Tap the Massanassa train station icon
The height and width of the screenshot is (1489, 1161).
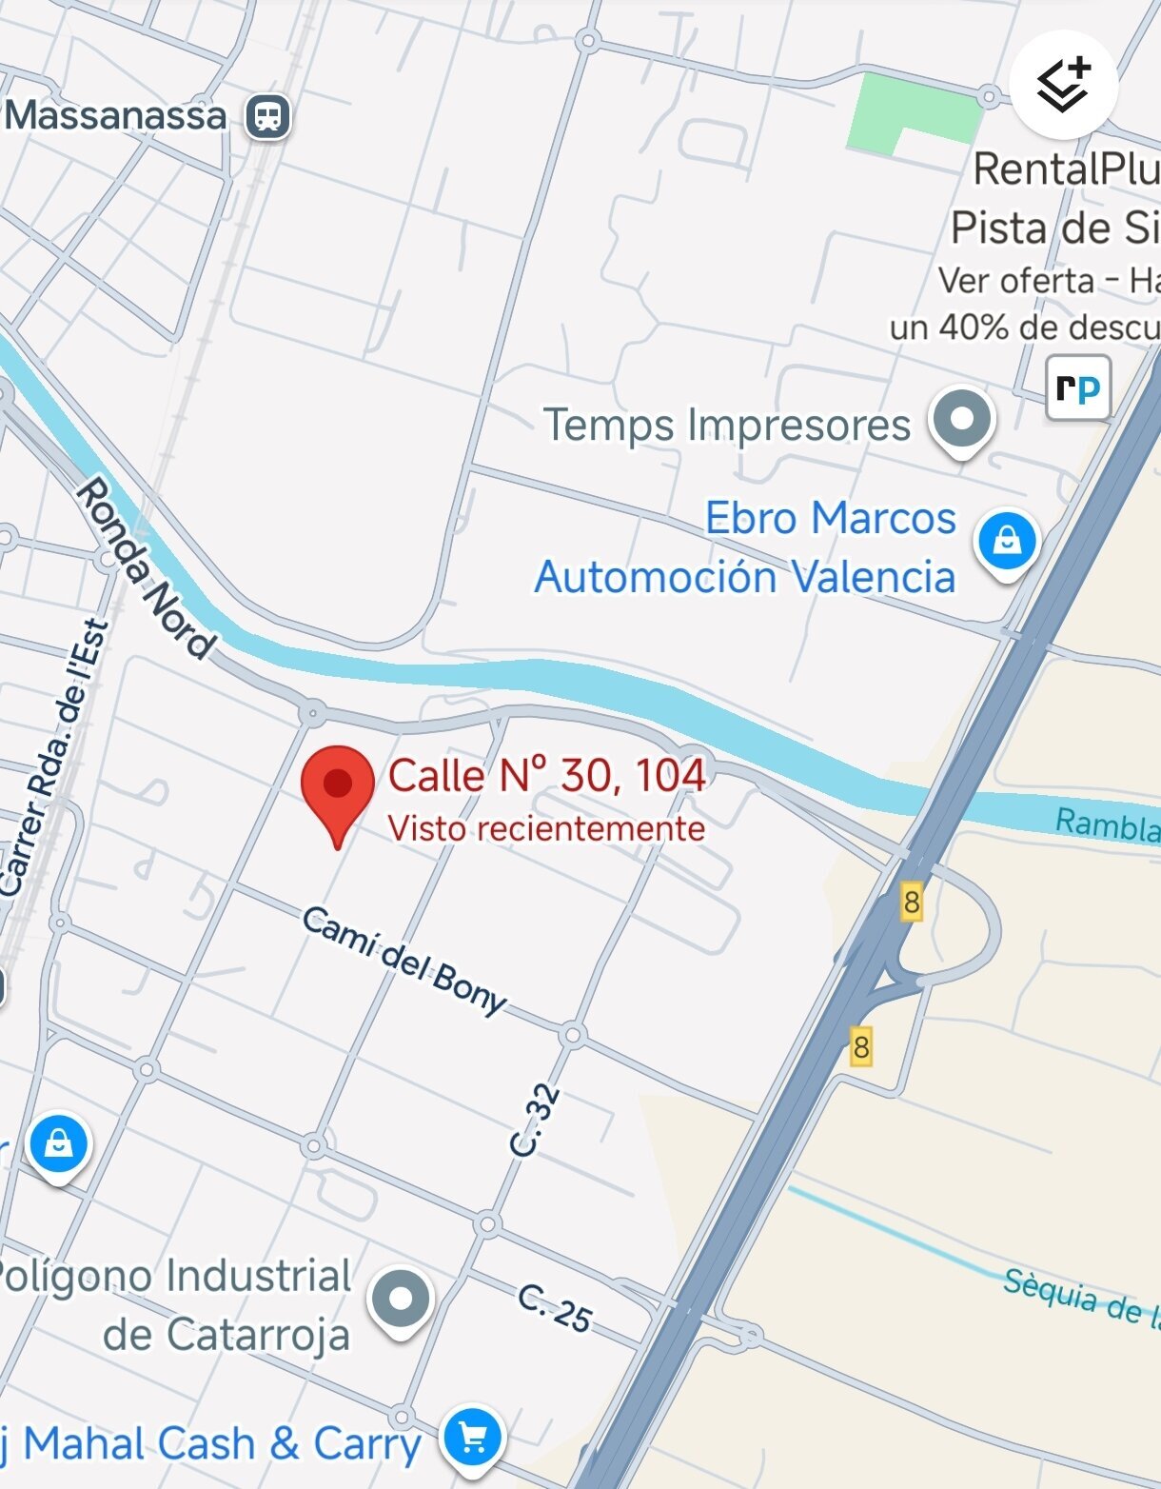(x=268, y=117)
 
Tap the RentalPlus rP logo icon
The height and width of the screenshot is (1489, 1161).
(x=1078, y=387)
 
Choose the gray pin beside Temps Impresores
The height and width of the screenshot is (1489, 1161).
(x=962, y=420)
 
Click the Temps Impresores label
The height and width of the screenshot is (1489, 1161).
(x=727, y=425)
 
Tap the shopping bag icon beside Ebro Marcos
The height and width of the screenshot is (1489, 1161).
(x=1007, y=543)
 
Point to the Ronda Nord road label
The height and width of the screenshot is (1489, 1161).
(x=145, y=569)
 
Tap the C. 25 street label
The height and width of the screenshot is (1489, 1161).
(x=555, y=1308)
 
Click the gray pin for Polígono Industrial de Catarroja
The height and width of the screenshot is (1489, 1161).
(x=402, y=1299)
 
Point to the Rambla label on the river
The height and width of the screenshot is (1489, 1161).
(x=1107, y=824)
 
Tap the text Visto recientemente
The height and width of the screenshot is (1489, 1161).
(x=546, y=828)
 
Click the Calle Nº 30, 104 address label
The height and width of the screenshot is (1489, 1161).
(x=546, y=776)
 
